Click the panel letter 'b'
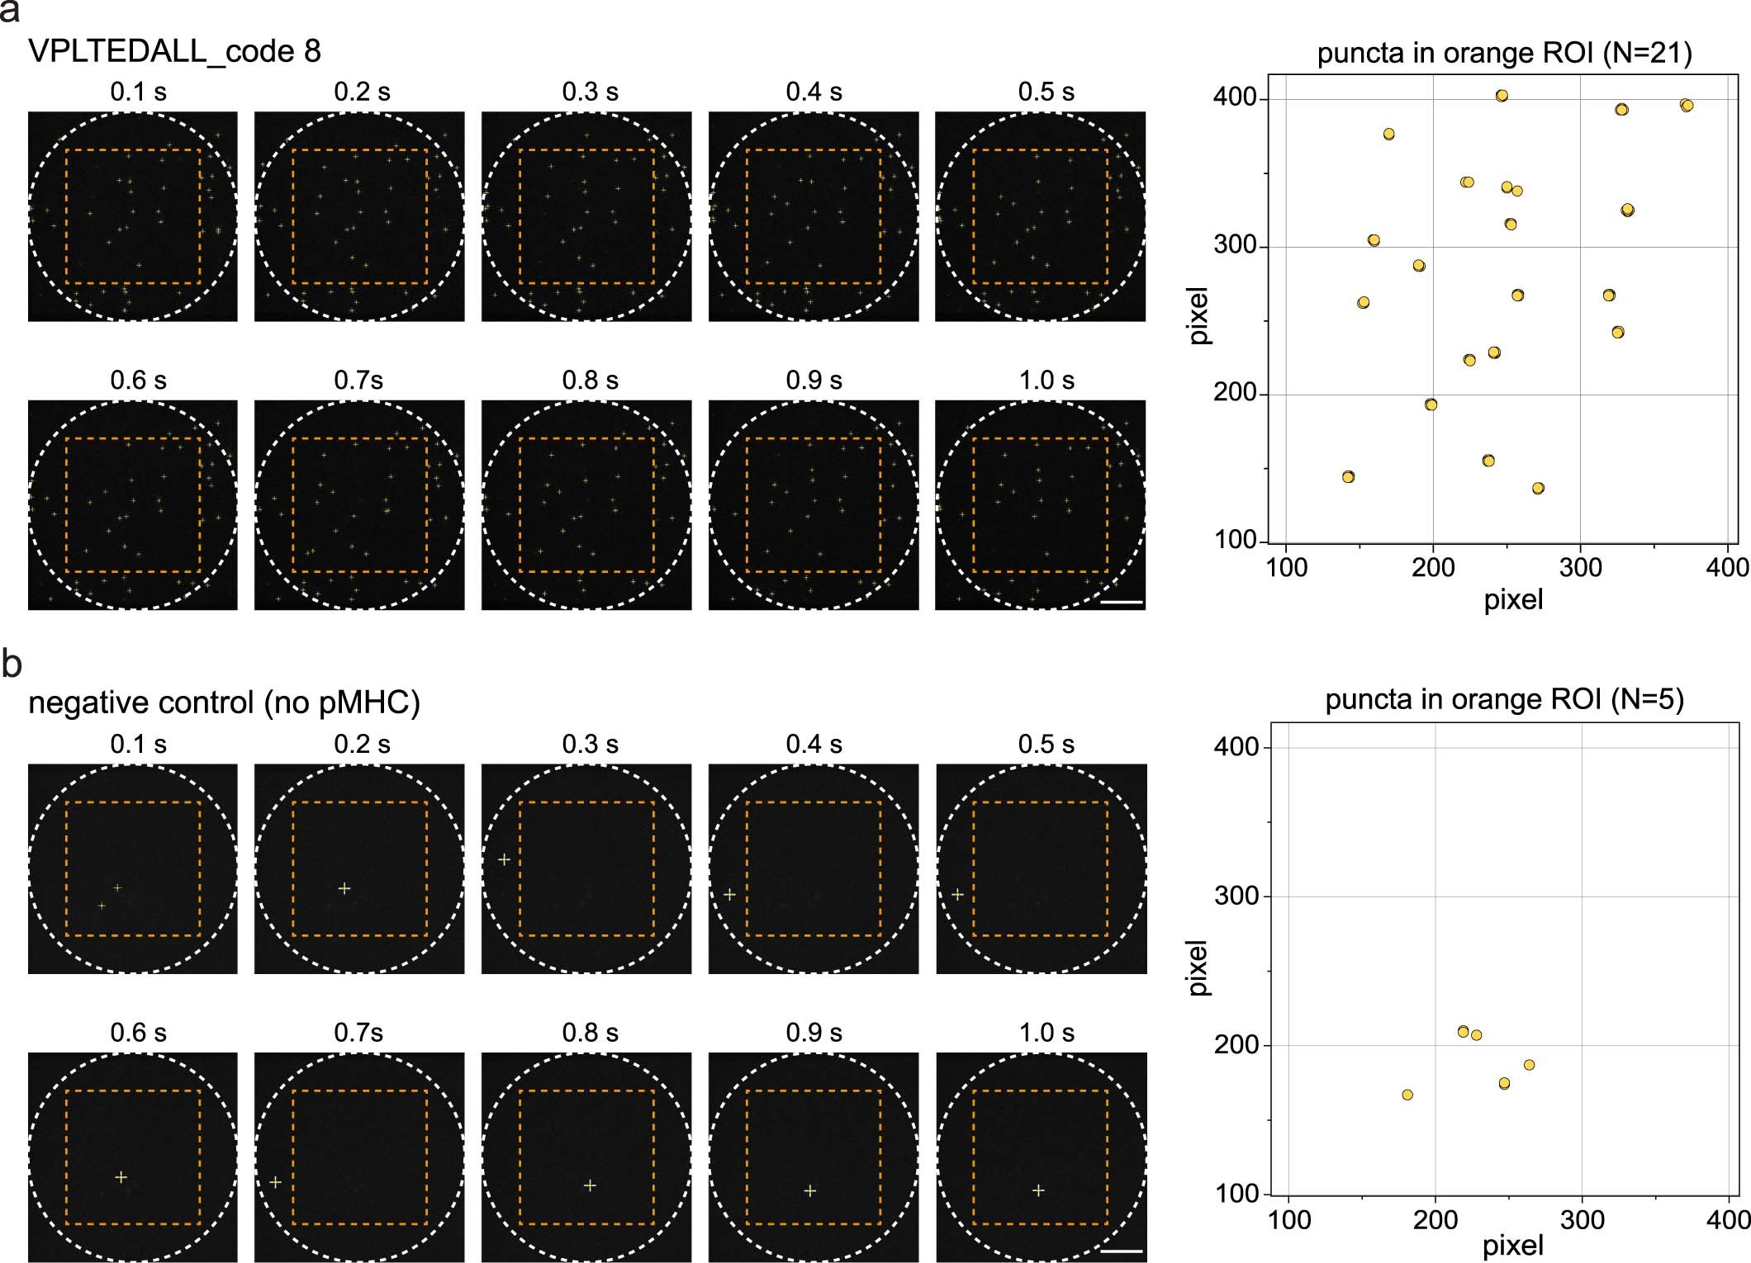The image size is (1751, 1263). click(x=11, y=663)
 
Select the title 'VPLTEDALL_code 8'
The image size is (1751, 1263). click(x=174, y=51)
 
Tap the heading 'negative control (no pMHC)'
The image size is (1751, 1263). click(x=224, y=702)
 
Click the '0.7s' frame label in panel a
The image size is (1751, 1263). click(x=358, y=381)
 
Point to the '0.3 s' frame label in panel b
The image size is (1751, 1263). click(x=590, y=744)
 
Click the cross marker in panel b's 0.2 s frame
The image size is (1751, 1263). click(x=344, y=888)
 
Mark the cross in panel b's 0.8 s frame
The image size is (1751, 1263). click(x=590, y=1185)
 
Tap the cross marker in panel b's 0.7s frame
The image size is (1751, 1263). click(x=276, y=1182)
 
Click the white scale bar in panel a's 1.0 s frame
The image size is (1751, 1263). click(x=1122, y=602)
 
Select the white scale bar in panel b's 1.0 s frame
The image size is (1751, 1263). click(x=1122, y=1251)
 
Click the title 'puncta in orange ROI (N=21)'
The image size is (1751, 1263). click(x=1504, y=53)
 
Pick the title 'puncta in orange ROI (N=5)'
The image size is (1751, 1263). click(x=1504, y=700)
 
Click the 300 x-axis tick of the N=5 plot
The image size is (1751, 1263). click(x=1582, y=1219)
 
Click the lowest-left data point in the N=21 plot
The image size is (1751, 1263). click(x=1348, y=476)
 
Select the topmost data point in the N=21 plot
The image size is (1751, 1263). click(x=1502, y=96)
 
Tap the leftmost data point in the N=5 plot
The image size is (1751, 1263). click(x=1407, y=1095)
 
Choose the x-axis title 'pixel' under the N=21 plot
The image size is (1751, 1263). click(x=1512, y=599)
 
